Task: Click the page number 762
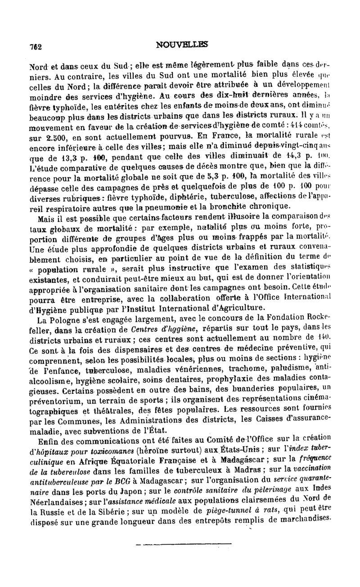(35, 47)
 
